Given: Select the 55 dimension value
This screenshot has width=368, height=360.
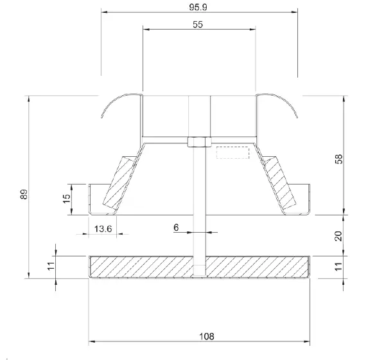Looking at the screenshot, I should click(x=199, y=24).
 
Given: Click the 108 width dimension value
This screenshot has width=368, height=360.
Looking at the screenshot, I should click(x=199, y=336).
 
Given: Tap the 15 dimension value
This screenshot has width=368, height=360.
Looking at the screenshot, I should click(x=66, y=199).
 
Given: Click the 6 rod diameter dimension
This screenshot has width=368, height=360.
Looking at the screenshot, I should click(x=175, y=226).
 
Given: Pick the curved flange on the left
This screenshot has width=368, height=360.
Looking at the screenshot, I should click(x=116, y=103).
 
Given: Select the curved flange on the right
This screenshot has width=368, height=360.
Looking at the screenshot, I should click(x=281, y=103).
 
